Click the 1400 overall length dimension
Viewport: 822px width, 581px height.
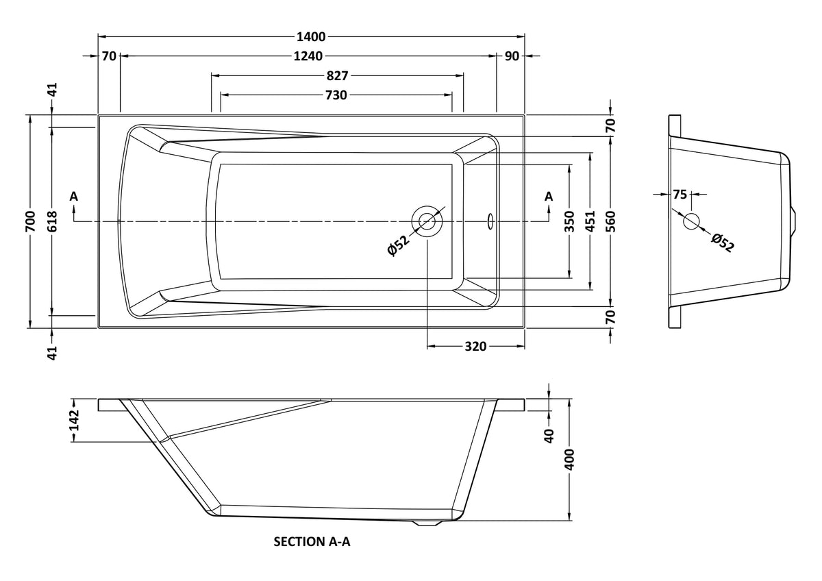311,36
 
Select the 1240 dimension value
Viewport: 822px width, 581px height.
308,56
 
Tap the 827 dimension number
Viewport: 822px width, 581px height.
336,75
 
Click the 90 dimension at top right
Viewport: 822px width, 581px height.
512,56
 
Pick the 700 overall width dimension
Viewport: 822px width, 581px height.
29,221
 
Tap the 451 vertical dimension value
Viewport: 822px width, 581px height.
590,221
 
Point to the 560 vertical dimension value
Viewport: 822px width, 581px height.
611,221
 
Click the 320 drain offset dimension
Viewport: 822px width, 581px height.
475,347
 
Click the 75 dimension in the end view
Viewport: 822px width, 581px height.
679,195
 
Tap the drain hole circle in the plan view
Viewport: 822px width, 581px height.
427,221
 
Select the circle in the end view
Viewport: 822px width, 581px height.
691,221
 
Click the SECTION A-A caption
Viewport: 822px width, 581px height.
312,542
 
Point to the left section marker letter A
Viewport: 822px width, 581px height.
74,197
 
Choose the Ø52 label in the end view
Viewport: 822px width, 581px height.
722,243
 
